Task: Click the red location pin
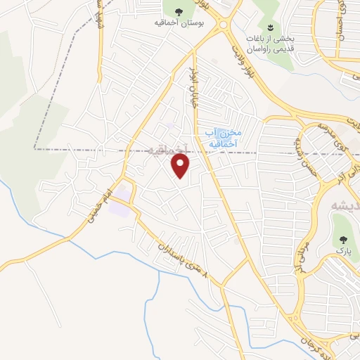click(x=181, y=167)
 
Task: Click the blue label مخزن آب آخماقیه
click(x=223, y=137)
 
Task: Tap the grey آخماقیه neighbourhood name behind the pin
click(x=169, y=149)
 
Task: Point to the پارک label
click(x=342, y=251)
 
